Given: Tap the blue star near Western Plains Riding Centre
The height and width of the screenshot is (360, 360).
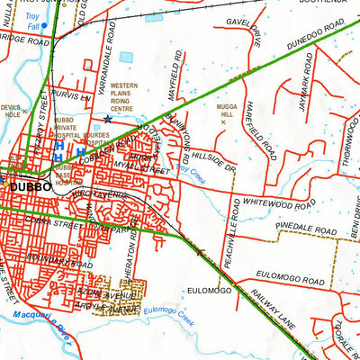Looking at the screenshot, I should pyautogui.click(x=108, y=119).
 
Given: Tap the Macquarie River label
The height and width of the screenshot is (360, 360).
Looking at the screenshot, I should pyautogui.click(x=38, y=321).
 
